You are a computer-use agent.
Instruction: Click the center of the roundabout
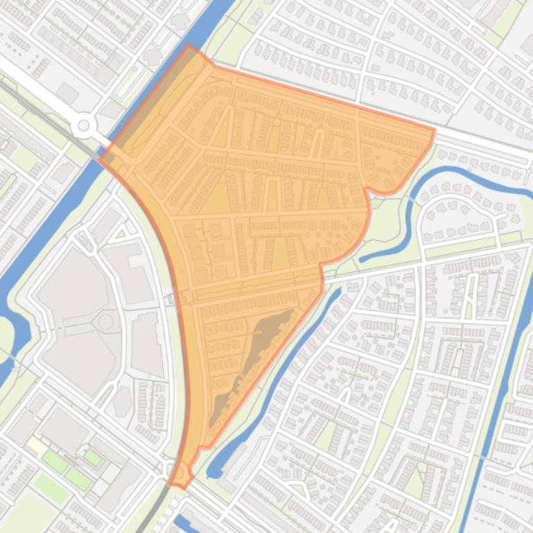84,125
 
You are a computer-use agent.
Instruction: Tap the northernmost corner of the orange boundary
189,46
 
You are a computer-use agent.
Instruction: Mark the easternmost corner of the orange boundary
435,129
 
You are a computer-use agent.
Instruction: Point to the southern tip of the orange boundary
182,487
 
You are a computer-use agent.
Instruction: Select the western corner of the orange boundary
101,159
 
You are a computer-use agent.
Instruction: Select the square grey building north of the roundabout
67,93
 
